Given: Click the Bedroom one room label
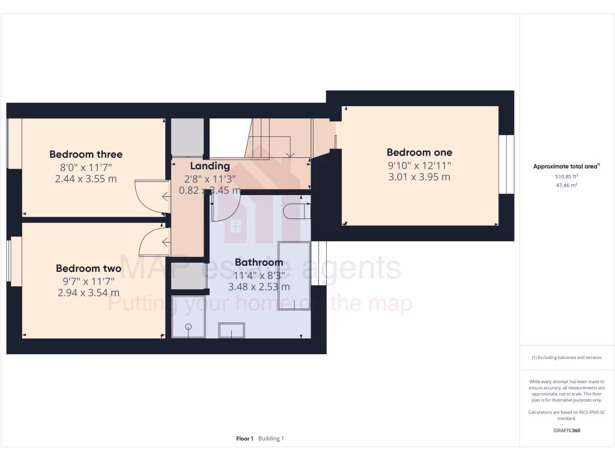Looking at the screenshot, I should pyautogui.click(x=419, y=152).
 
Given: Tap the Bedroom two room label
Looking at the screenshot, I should pyautogui.click(x=88, y=268).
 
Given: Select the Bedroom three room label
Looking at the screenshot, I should pyautogui.click(x=86, y=154).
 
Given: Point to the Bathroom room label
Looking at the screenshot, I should pyautogui.click(x=258, y=262).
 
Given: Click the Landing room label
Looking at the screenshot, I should pyautogui.click(x=210, y=166).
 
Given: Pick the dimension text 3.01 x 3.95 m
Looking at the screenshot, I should pyautogui.click(x=419, y=176).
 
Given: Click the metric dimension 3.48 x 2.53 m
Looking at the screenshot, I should pyautogui.click(x=258, y=286).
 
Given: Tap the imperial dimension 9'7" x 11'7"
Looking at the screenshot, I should pyautogui.click(x=89, y=281).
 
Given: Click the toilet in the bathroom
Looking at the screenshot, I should pyautogui.click(x=296, y=211).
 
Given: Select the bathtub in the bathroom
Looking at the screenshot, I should pyautogui.click(x=294, y=276).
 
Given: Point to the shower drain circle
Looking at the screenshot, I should pyautogui.click(x=189, y=327).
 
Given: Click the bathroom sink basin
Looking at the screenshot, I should pyautogui.click(x=231, y=331).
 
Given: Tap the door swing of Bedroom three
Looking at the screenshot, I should pyautogui.click(x=150, y=196).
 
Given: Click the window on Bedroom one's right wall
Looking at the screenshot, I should pyautogui.click(x=506, y=164).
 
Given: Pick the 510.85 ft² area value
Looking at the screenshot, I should pyautogui.click(x=566, y=176).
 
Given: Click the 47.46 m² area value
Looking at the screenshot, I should pyautogui.click(x=566, y=186).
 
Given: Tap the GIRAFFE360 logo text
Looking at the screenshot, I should pyautogui.click(x=566, y=430).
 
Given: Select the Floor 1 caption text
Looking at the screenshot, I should pyautogui.click(x=244, y=439).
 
